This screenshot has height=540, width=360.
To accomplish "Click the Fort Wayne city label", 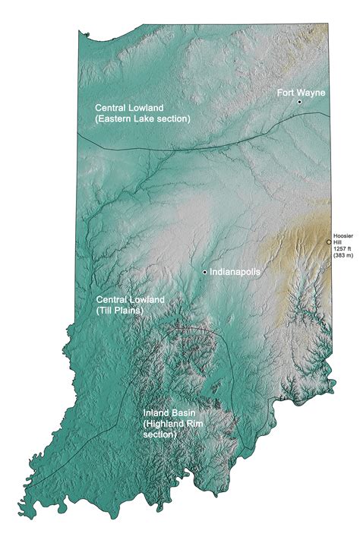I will (301, 92).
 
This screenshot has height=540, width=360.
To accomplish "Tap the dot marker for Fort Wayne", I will (300, 102).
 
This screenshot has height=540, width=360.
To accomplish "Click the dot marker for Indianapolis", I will (205, 271).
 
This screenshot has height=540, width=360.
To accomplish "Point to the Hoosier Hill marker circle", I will (329, 242).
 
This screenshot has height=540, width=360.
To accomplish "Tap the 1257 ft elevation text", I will (344, 250).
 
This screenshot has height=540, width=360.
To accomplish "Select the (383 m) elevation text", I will (344, 257).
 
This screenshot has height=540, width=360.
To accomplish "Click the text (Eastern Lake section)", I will (142, 119).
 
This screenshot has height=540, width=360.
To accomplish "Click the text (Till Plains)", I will (121, 311).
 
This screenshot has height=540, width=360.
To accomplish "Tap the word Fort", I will (286, 92).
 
